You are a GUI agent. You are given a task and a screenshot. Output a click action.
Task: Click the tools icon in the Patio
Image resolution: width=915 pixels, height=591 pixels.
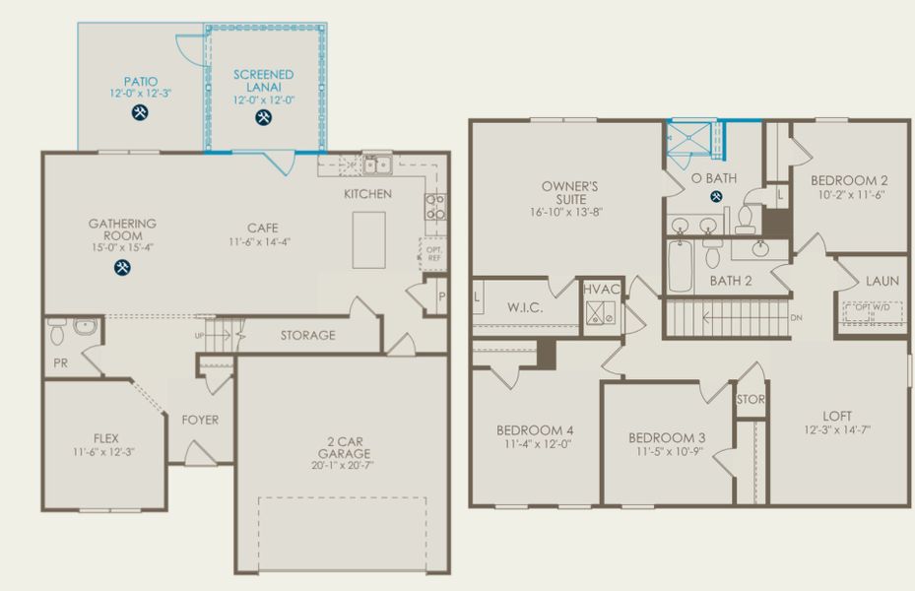click(x=140, y=113)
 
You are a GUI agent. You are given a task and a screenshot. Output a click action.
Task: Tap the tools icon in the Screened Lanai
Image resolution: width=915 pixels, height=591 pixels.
click(x=263, y=118)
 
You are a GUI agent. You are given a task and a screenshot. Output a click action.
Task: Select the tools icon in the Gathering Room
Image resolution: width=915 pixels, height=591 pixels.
click(x=122, y=267)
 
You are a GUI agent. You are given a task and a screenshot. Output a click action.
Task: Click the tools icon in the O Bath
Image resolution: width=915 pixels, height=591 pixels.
click(x=716, y=196)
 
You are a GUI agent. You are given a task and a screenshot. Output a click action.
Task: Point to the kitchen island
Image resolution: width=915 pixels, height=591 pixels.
click(x=369, y=239)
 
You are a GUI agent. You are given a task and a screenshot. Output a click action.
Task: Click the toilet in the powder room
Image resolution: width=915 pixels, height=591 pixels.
click(x=57, y=326)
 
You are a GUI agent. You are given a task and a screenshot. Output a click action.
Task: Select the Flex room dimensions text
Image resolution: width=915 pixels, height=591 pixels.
click(x=102, y=451)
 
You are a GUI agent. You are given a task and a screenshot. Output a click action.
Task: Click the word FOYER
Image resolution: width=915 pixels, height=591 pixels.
click(x=200, y=420)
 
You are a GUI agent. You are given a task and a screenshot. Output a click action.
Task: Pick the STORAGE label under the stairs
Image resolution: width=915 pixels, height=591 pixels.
click(x=307, y=335)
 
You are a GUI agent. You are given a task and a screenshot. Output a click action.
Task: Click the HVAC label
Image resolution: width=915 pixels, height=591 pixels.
click(x=601, y=290)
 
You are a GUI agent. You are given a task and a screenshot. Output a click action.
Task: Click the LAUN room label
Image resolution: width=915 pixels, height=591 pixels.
click(x=882, y=281)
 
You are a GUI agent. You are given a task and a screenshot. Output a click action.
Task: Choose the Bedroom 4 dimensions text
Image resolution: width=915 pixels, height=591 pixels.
click(x=534, y=443)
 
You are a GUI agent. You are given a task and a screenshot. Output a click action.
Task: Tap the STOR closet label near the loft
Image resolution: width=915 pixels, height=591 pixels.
click(x=751, y=400)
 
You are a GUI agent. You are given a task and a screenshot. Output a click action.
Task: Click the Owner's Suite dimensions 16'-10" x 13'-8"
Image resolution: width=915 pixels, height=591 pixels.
click(x=571, y=211)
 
